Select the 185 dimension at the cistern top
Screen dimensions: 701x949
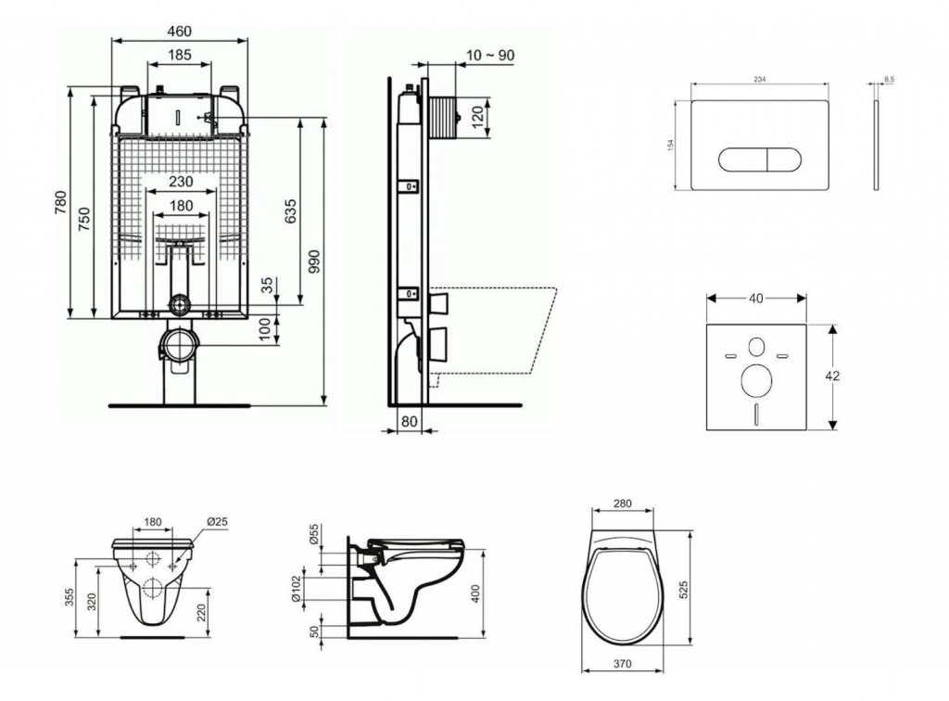click(180, 56)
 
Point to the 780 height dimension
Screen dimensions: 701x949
click(62, 201)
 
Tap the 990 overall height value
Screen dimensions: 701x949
click(312, 263)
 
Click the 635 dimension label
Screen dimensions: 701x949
click(290, 211)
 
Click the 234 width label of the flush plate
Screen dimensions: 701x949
click(759, 81)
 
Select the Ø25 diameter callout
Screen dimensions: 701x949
click(217, 522)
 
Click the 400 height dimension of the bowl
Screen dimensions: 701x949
click(476, 592)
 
